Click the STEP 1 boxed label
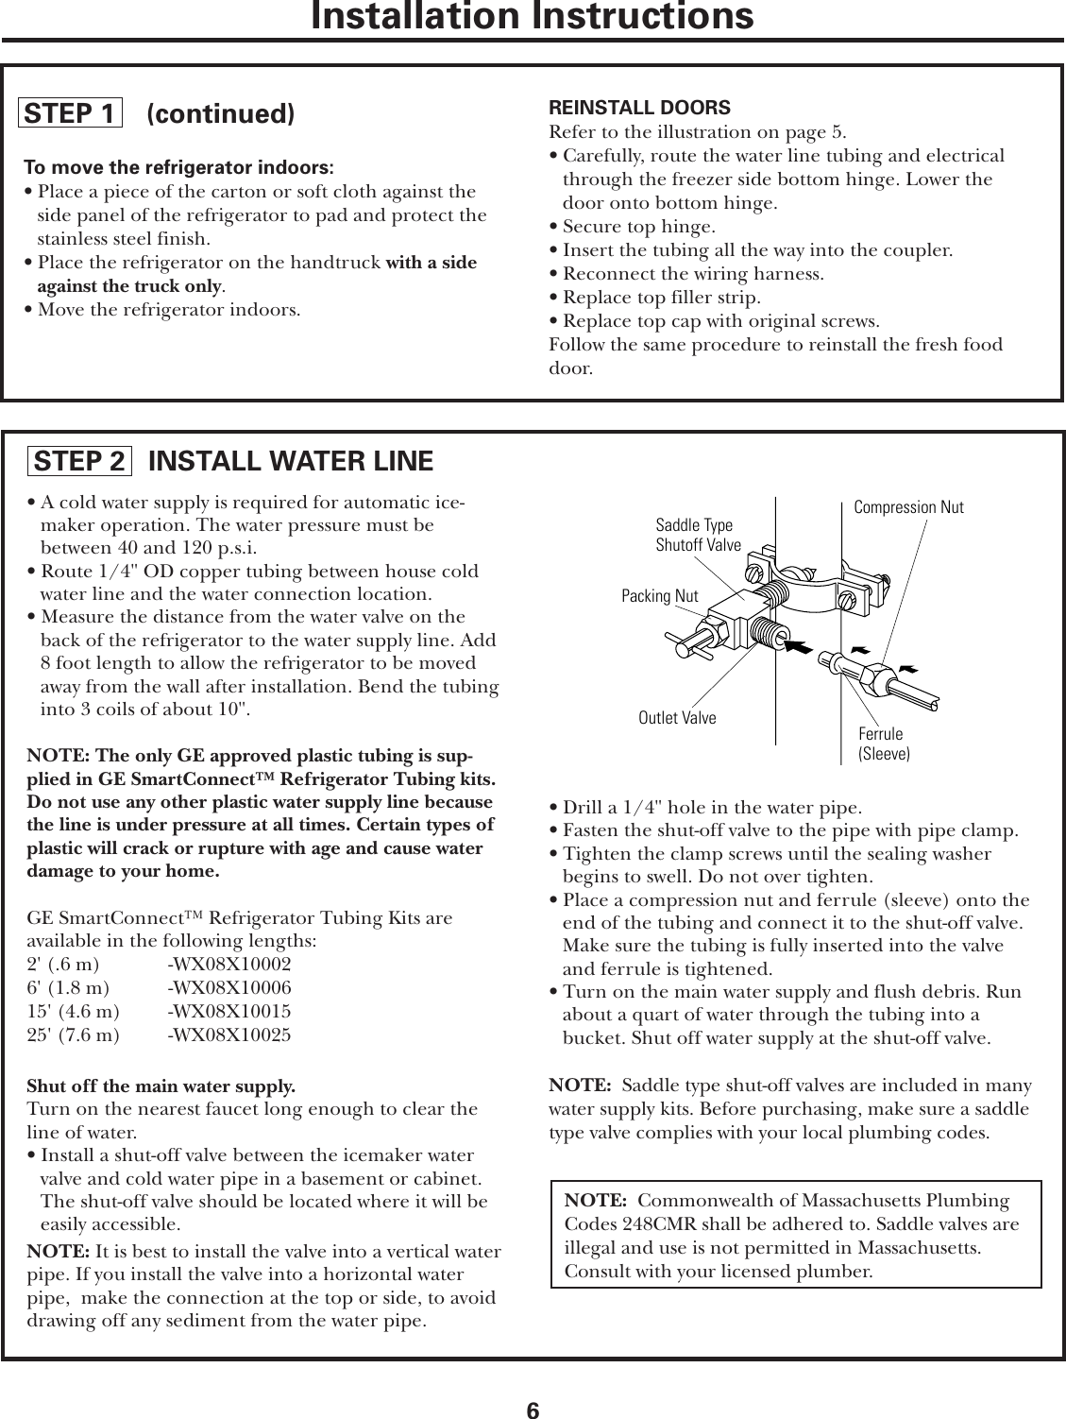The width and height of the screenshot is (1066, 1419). [71, 114]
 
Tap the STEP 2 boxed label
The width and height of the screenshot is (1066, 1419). [78, 461]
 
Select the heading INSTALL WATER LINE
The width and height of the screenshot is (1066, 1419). [291, 461]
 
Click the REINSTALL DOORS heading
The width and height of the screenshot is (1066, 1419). [639, 108]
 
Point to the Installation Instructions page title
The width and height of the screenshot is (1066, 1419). [533, 16]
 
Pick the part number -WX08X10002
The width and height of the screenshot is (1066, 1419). [229, 965]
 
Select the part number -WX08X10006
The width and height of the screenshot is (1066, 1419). [229, 988]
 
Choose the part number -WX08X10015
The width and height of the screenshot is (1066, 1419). [229, 1012]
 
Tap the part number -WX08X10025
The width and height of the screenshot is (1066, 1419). [229, 1035]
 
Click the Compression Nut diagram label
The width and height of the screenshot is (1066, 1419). [908, 507]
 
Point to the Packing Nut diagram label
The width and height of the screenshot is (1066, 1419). [660, 596]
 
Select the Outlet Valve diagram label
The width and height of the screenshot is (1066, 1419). [677, 718]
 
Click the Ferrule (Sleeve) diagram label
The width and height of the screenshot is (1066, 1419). [883, 744]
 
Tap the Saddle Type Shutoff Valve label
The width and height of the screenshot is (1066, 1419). [698, 535]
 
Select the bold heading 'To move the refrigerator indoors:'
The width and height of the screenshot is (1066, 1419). [178, 168]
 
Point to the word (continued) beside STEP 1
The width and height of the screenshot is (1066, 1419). [221, 114]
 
